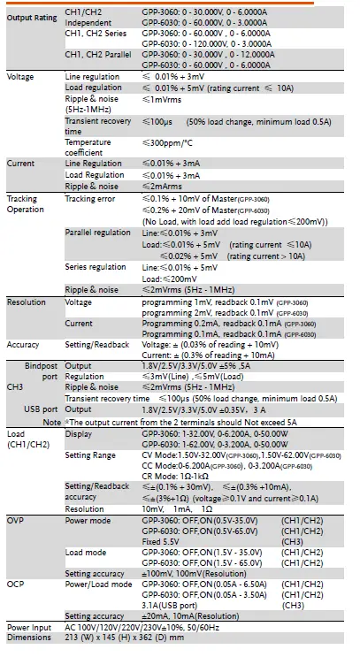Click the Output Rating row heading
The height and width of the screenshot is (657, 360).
(x=31, y=18)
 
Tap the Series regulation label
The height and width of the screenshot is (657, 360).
(x=95, y=266)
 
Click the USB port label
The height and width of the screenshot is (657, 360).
(x=42, y=409)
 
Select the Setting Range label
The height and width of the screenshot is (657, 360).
(x=93, y=455)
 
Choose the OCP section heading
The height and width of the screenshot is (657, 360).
(x=17, y=584)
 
